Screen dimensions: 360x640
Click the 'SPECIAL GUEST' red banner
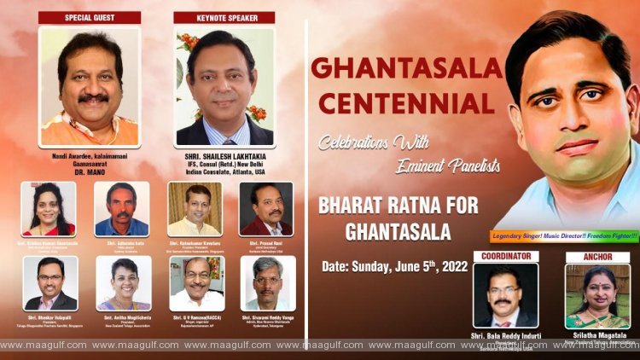tap(90, 17)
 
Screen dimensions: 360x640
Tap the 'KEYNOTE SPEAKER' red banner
tap(224, 17)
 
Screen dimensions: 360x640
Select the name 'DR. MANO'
tap(90, 167)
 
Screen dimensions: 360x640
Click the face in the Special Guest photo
tap(90, 81)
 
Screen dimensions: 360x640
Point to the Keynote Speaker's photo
tap(224, 85)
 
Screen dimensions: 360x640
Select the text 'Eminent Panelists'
tap(449, 165)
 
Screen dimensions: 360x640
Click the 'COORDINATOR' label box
tap(506, 256)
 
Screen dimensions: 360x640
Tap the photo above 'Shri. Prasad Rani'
tap(266, 208)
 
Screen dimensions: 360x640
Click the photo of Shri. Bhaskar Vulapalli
tap(50, 282)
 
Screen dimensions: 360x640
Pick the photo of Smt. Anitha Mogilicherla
tap(123, 282)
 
